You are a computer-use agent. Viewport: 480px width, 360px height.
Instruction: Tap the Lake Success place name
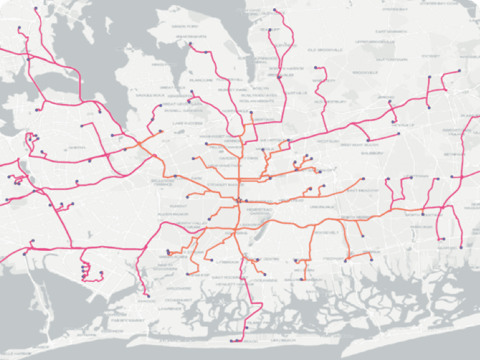[185, 124]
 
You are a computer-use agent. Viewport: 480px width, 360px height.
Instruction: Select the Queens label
[77, 147]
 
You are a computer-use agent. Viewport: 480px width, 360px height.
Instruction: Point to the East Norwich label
[391, 31]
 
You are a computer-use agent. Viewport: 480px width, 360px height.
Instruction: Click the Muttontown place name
[392, 59]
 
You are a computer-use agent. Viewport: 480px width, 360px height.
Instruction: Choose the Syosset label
[431, 56]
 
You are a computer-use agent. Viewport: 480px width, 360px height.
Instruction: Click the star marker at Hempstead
[239, 200]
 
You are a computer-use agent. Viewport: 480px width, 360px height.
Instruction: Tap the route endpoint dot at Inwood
[148, 295]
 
